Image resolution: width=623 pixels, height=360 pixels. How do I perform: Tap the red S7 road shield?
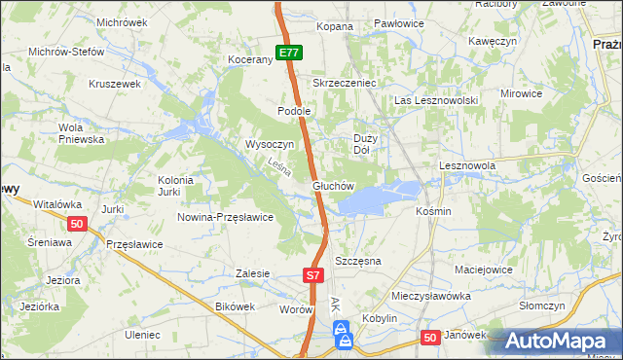tap(312, 276)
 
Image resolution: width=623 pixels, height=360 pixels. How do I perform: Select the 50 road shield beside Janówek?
tap(431, 336)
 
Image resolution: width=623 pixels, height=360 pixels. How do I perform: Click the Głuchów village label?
tap(332, 185)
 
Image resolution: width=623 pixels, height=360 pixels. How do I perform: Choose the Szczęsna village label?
tap(357, 262)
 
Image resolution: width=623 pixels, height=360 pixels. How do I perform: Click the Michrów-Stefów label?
tap(65, 52)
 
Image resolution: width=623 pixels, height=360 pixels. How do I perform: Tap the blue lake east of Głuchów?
tap(375, 198)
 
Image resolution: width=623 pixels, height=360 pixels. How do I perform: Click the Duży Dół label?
tap(362, 144)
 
